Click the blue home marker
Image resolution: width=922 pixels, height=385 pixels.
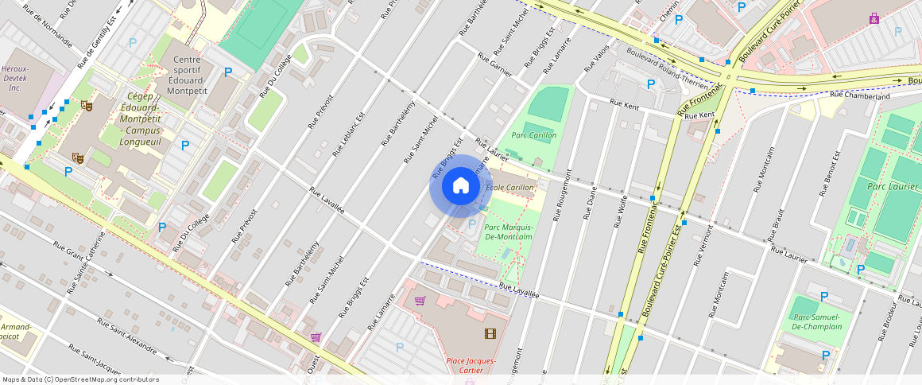[460, 186]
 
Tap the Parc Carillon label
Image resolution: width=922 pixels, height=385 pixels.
[534, 135]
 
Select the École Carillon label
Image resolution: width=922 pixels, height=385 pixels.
[510, 188]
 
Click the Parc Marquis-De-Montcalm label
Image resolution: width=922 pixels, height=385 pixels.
[508, 231]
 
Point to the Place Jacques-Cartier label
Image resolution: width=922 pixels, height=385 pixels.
[471, 365]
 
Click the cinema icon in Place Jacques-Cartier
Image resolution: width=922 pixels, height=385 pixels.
[490, 333]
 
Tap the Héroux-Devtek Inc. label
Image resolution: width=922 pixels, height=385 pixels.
[16, 79]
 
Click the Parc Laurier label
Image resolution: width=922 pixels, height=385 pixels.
[888, 186]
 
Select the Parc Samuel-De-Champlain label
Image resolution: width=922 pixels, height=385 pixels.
[817, 322]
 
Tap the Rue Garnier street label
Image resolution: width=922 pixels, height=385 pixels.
[494, 62]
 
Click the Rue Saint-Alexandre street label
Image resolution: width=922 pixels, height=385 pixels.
[127, 335]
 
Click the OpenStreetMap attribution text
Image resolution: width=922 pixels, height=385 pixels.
[81, 379]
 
